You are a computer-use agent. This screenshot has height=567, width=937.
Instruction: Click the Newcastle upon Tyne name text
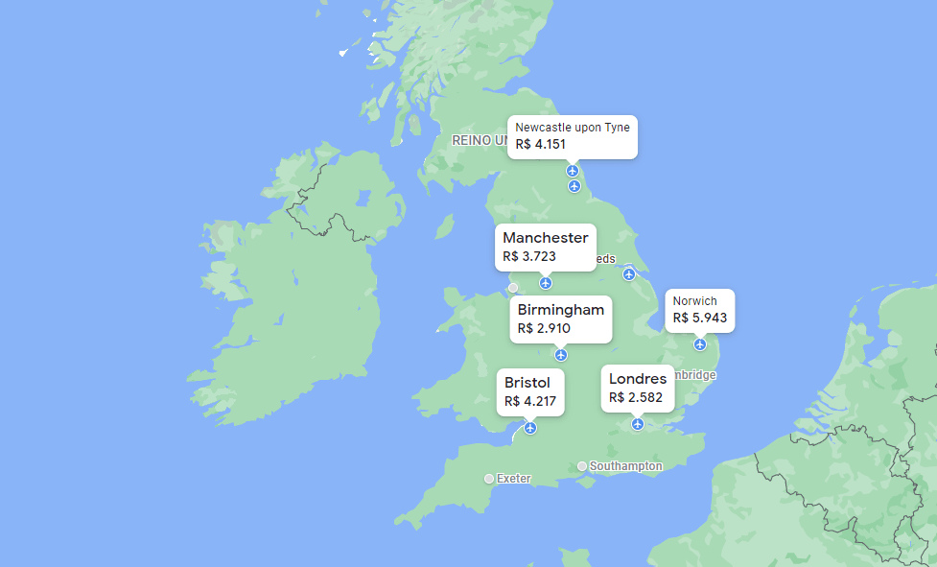[x=573, y=127]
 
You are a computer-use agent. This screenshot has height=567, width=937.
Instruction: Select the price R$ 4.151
[x=541, y=144]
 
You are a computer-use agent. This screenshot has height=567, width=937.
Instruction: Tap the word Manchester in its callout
[x=545, y=237]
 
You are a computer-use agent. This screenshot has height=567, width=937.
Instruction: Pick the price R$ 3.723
[x=529, y=256]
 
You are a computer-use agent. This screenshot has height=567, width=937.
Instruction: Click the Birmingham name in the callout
[x=560, y=309]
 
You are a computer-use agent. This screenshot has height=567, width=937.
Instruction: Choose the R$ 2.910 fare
[x=544, y=328]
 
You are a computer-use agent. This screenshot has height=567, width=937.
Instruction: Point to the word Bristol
[x=527, y=383]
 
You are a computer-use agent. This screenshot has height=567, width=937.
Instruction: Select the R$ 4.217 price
[x=530, y=401]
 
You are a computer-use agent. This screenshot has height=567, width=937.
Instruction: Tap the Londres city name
[x=638, y=379]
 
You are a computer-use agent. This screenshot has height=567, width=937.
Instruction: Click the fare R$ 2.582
[x=635, y=397]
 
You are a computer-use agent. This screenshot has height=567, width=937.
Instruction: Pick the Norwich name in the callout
[x=694, y=301]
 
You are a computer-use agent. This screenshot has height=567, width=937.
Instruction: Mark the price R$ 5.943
[x=700, y=318]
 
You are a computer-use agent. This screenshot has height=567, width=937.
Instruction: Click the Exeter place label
[x=514, y=478]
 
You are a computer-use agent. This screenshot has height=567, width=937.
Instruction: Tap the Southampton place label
[x=625, y=466]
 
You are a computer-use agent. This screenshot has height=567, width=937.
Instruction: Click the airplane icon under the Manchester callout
[x=546, y=282]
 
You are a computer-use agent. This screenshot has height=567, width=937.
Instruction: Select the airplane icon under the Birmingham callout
[x=561, y=355]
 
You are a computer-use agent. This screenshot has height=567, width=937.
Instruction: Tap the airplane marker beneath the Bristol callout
[x=530, y=428]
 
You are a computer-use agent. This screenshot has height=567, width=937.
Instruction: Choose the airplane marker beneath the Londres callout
[x=638, y=424]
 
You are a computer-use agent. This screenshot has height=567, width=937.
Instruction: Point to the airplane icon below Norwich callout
[x=700, y=343]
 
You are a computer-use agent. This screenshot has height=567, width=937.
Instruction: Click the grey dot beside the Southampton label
[x=582, y=466]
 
